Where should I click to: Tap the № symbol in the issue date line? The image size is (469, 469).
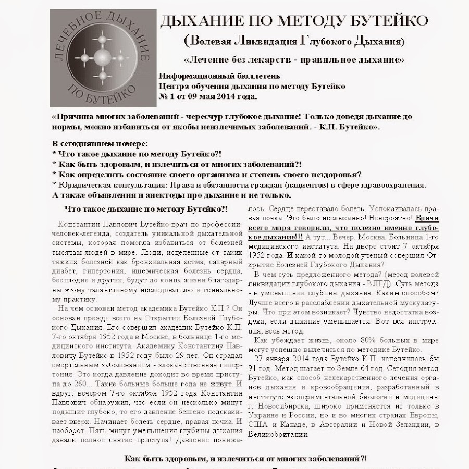pyautogui.click(x=162, y=97)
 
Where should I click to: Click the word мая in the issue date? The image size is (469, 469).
pyautogui.click(x=206, y=97)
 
